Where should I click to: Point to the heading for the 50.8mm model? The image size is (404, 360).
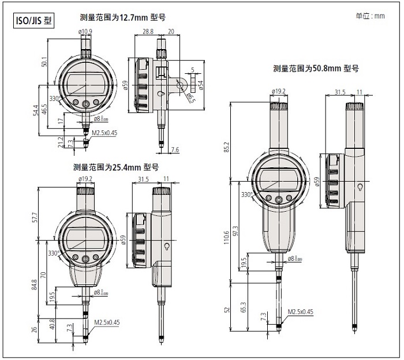(x=316, y=68)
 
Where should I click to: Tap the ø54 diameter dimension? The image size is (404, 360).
(x=200, y=84)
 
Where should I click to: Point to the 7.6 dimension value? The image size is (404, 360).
(x=175, y=150)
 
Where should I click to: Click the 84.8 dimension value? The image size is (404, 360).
(x=36, y=285)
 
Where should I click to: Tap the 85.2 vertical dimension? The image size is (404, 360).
(x=227, y=148)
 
